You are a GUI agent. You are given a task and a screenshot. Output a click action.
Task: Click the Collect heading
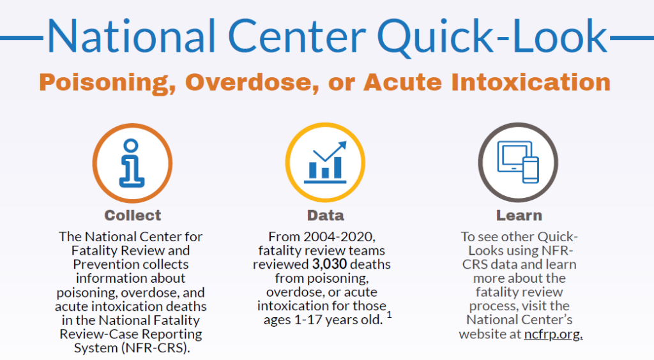[133, 215]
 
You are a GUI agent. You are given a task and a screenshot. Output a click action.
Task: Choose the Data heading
[325, 215]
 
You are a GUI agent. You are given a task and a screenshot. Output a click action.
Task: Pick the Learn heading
[519, 215]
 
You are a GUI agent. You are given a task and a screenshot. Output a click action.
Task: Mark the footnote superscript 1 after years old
[389, 314]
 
